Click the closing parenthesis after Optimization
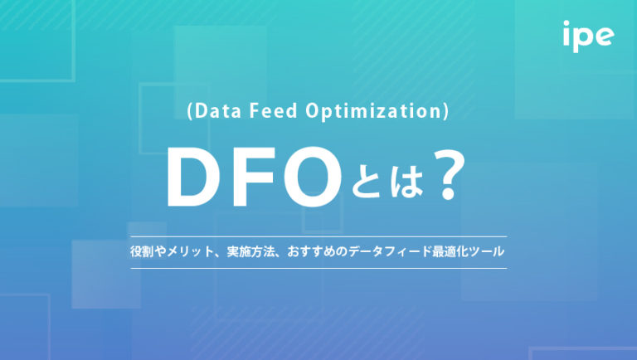coord(446,113)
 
